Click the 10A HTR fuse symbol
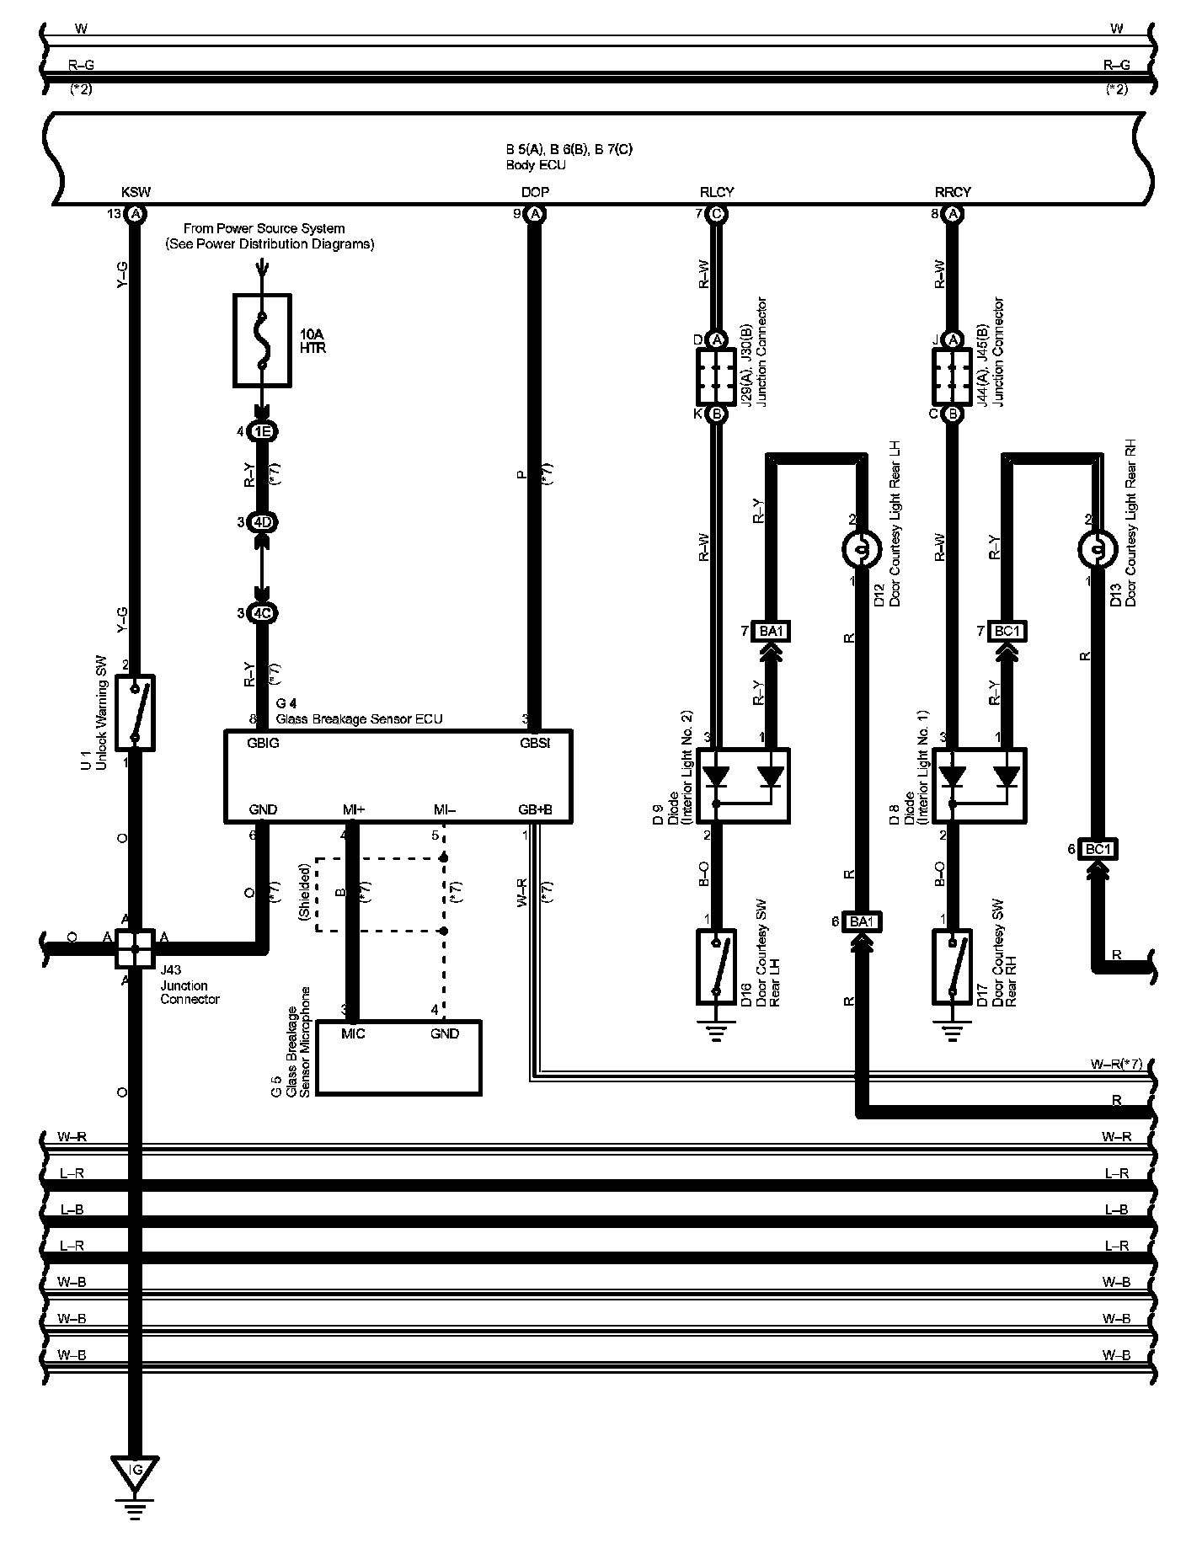(x=262, y=340)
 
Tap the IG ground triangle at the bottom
(x=136, y=1471)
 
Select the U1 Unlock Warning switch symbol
(x=136, y=712)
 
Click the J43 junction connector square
(x=136, y=948)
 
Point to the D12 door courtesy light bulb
(x=860, y=550)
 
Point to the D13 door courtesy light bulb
(x=1096, y=550)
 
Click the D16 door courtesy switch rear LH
(x=716, y=966)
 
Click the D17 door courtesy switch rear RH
(x=953, y=966)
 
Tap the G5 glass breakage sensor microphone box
(x=398, y=1058)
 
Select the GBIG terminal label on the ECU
(x=264, y=744)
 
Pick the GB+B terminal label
(x=535, y=810)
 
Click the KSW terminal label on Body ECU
(x=136, y=192)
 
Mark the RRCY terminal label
(x=953, y=192)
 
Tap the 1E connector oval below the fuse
(x=263, y=432)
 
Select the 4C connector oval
(x=263, y=613)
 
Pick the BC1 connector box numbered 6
(x=1098, y=850)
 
